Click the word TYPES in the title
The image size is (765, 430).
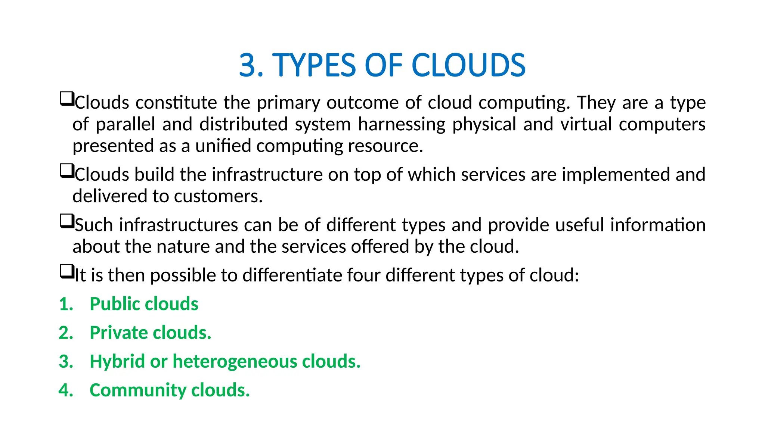click(315, 65)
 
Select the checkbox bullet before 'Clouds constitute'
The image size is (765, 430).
click(66, 99)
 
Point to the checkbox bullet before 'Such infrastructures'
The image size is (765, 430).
click(66, 221)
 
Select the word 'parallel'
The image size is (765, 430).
click(125, 124)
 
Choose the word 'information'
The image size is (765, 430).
click(658, 225)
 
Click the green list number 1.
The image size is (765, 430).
click(66, 304)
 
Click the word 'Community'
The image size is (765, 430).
click(138, 390)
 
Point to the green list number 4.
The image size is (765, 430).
click(66, 390)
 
